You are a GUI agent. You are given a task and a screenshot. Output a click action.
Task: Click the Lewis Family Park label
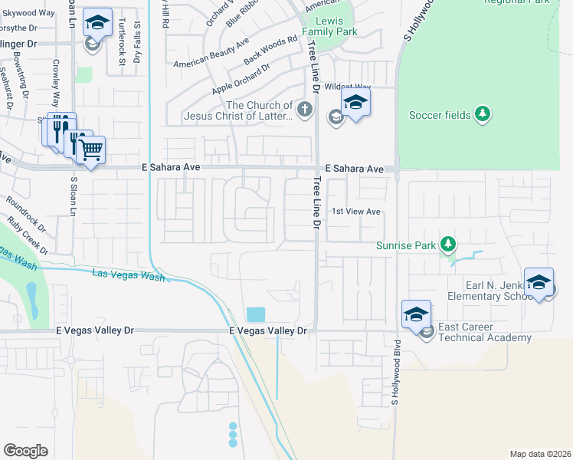(329, 27)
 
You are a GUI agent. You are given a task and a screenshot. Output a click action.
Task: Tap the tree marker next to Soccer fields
(482, 115)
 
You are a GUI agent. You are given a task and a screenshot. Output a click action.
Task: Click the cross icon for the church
(305, 110)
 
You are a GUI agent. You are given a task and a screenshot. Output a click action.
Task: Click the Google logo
(25, 451)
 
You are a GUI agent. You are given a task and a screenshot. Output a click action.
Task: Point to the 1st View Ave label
(355, 212)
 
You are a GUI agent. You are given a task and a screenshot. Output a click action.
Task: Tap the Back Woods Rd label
(270, 50)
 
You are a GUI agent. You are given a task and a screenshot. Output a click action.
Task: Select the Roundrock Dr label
(26, 215)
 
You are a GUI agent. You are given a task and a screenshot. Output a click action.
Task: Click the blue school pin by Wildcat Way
(355, 104)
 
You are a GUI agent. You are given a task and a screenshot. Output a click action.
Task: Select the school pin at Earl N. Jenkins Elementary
(539, 283)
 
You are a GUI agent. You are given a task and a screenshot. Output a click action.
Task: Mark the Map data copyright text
(540, 453)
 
